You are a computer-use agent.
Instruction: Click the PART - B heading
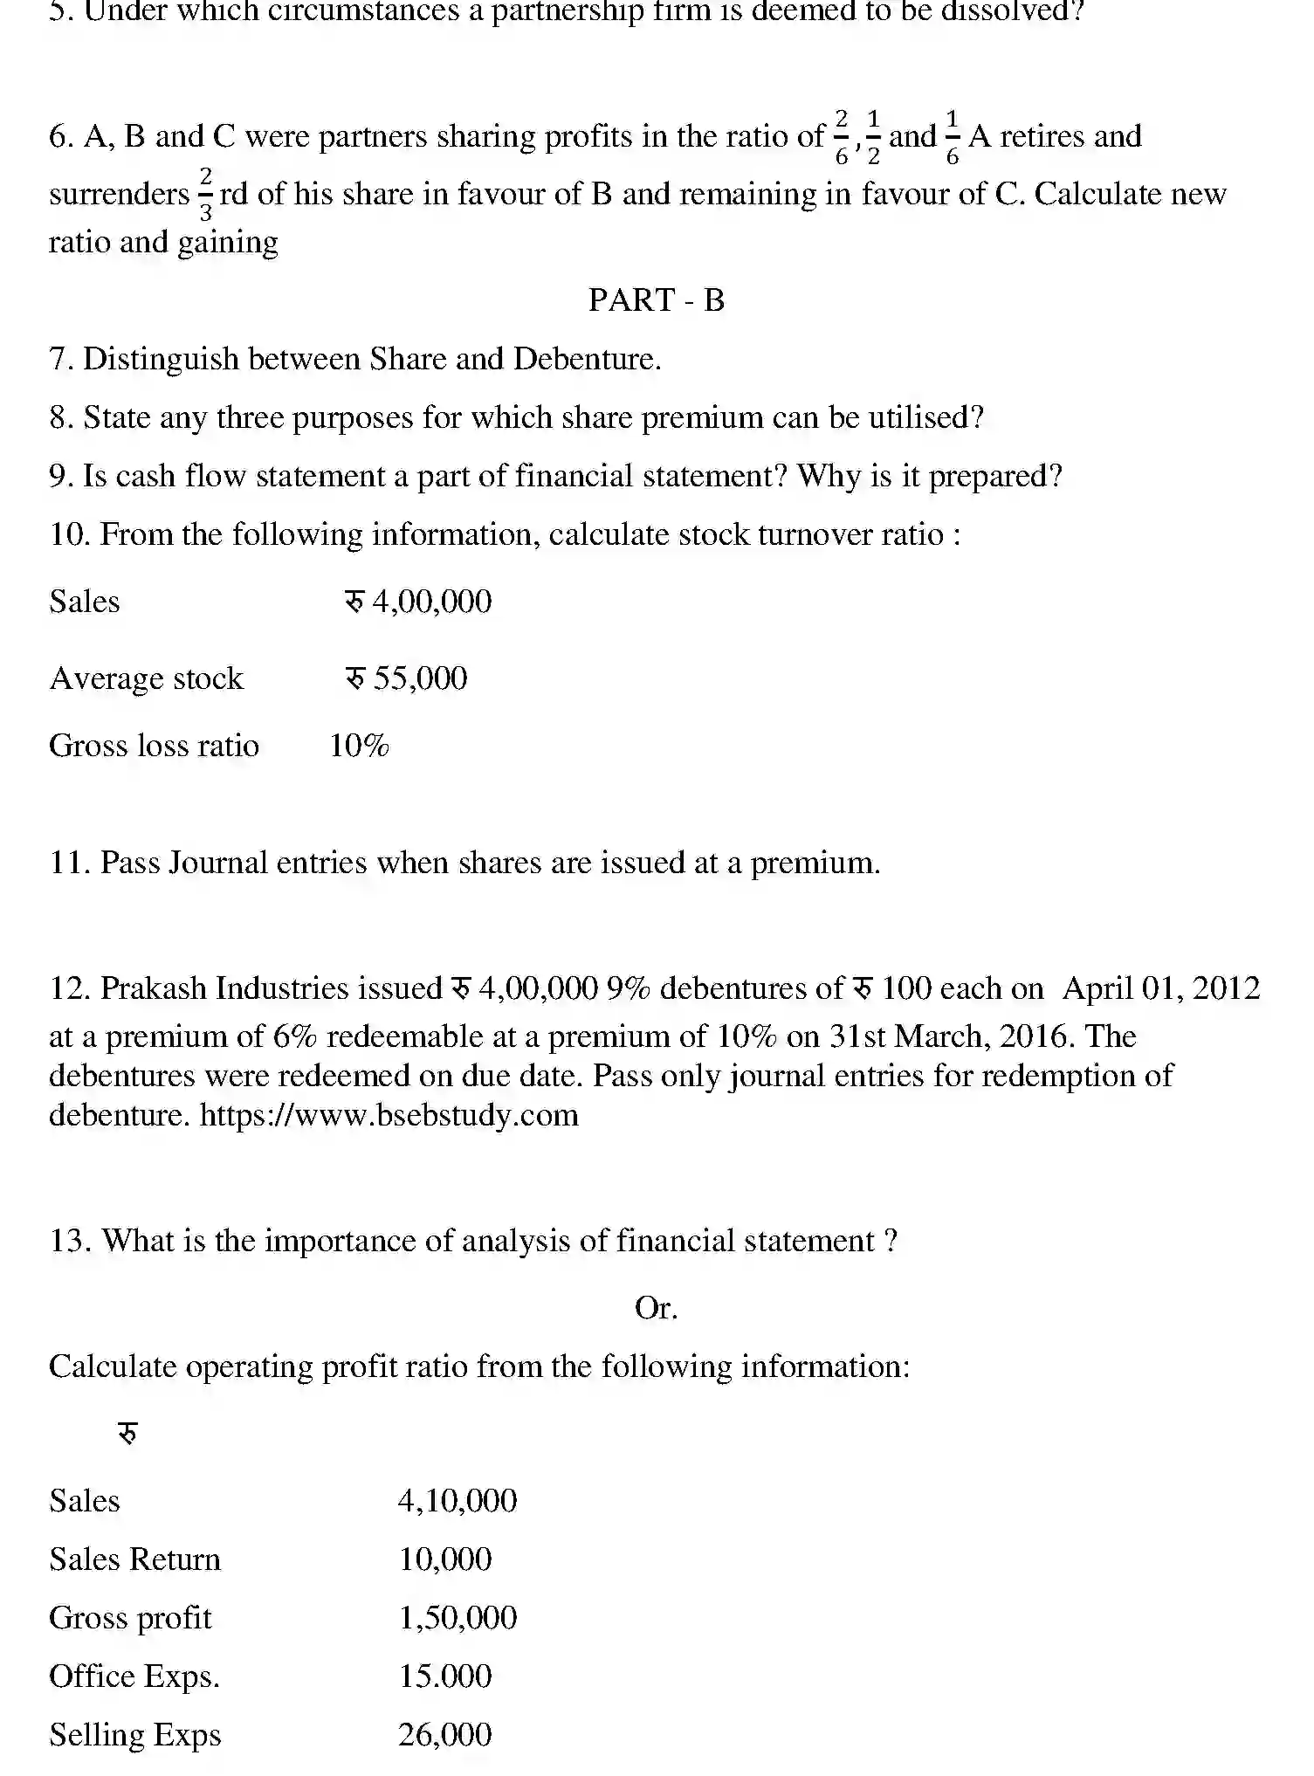click(657, 300)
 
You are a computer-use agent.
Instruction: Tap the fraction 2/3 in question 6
click(205, 195)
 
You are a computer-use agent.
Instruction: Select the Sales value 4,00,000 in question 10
click(431, 602)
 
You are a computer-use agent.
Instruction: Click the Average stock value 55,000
click(420, 678)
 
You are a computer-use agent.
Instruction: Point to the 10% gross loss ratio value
click(359, 746)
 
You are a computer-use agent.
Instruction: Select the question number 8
click(61, 417)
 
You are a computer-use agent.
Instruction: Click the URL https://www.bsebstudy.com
click(389, 1115)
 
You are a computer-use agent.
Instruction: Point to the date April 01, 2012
click(1161, 988)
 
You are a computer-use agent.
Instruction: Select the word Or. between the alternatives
click(656, 1308)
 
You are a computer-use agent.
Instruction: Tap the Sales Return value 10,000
click(445, 1559)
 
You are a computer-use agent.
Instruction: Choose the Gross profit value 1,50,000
click(457, 1618)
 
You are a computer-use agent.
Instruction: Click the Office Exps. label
click(134, 1676)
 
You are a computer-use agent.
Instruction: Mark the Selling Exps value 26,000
click(445, 1735)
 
